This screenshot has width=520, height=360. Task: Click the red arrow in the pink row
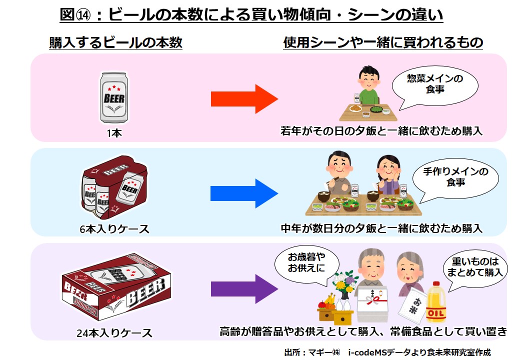pyautogui.click(x=243, y=99)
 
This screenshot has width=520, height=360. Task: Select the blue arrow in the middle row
pyautogui.click(x=243, y=193)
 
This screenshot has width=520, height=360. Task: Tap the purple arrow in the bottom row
pyautogui.click(x=243, y=289)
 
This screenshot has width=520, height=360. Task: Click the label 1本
pyautogui.click(x=114, y=133)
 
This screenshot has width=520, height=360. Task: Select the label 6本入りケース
pyautogui.click(x=114, y=229)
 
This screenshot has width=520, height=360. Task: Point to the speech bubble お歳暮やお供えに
pyautogui.click(x=306, y=263)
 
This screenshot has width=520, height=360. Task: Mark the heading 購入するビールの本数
pyautogui.click(x=115, y=43)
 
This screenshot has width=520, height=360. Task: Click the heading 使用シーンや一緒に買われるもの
pyautogui.click(x=383, y=43)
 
